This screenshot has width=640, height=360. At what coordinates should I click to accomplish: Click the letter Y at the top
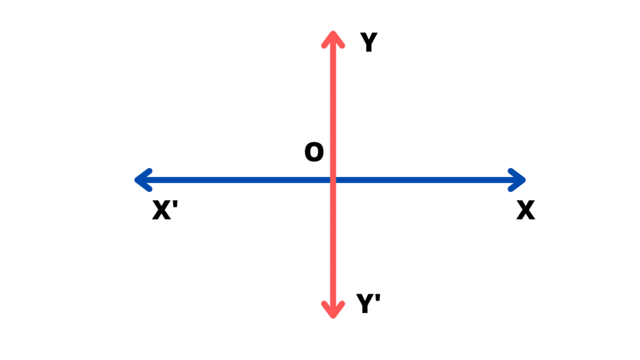(369, 42)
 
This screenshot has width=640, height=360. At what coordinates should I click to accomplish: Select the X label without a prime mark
(526, 211)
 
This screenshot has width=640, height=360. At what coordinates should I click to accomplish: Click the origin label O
(314, 152)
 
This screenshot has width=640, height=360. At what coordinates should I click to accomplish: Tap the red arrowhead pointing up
(333, 36)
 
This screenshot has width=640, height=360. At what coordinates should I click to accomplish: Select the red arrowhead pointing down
(333, 311)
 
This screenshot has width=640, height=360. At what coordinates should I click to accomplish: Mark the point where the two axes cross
(333, 180)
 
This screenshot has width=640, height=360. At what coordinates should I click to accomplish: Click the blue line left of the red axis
(237, 180)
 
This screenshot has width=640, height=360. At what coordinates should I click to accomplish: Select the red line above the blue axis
(333, 106)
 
